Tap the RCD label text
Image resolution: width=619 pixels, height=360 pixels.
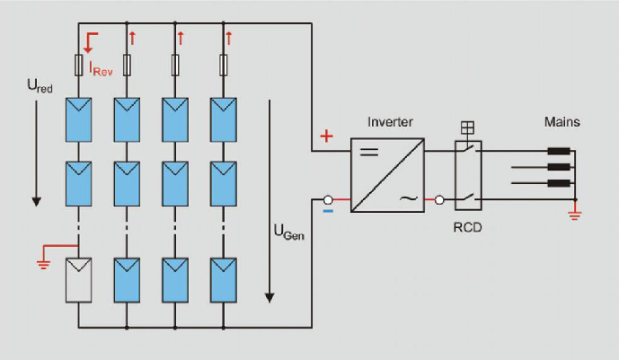pyautogui.click(x=467, y=227)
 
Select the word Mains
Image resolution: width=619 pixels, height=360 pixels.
pyautogui.click(x=562, y=121)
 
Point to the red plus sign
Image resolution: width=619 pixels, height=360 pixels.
pyautogui.click(x=326, y=136)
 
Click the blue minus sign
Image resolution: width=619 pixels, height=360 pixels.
pyautogui.click(x=328, y=212)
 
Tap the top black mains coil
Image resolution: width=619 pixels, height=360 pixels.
pyautogui.click(x=558, y=151)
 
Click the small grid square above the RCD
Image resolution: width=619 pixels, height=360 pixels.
pyautogui.click(x=467, y=127)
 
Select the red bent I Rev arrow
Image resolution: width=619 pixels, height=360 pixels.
pyautogui.click(x=88, y=40)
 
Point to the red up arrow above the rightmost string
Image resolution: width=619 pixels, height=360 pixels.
pyautogui.click(x=228, y=37)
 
